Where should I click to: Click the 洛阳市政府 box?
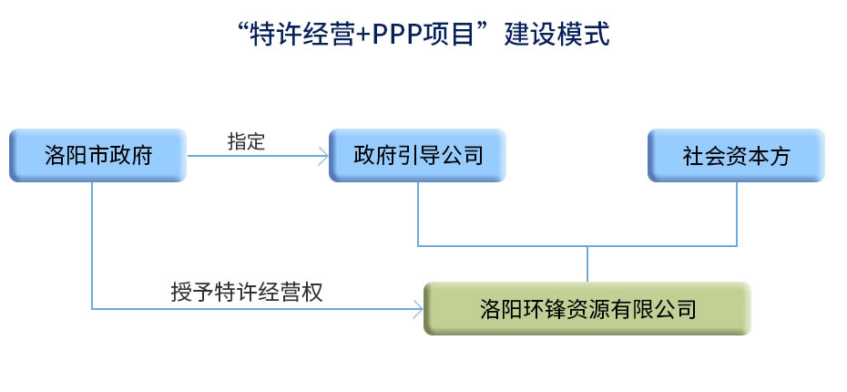click(x=97, y=156)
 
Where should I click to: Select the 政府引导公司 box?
click(x=417, y=156)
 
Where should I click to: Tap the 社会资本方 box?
click(x=736, y=156)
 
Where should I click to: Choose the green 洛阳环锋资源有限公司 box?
click(x=587, y=309)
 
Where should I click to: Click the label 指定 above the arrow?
click(x=246, y=141)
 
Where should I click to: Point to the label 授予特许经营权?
click(x=246, y=293)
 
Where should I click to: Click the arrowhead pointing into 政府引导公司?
click(x=322, y=156)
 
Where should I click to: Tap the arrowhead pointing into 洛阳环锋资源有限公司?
click(x=417, y=309)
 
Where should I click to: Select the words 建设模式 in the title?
click(x=556, y=35)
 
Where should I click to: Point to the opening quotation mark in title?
click(x=243, y=27)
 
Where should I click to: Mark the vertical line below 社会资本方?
click(x=737, y=214)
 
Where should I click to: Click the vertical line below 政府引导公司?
click(x=417, y=214)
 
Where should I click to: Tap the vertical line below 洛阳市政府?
click(x=92, y=245)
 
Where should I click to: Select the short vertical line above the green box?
click(x=587, y=263)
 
